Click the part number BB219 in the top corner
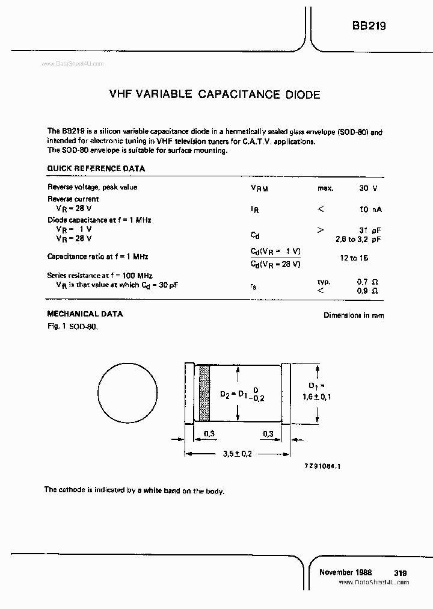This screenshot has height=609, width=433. (369, 26)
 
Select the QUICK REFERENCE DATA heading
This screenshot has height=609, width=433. (96, 169)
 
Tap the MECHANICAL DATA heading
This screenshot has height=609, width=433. (85, 314)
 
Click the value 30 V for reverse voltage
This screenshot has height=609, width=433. (368, 188)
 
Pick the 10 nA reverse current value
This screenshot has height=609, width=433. (370, 209)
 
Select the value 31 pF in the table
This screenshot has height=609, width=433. (370, 230)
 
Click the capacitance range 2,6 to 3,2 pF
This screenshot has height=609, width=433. (358, 240)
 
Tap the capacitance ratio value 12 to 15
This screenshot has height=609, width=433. (354, 258)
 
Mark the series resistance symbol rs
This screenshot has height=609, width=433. (253, 286)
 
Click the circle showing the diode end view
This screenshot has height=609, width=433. (126, 393)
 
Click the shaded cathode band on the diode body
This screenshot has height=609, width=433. (204, 393)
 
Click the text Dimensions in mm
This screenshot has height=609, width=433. (354, 315)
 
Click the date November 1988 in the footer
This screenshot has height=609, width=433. (345, 572)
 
